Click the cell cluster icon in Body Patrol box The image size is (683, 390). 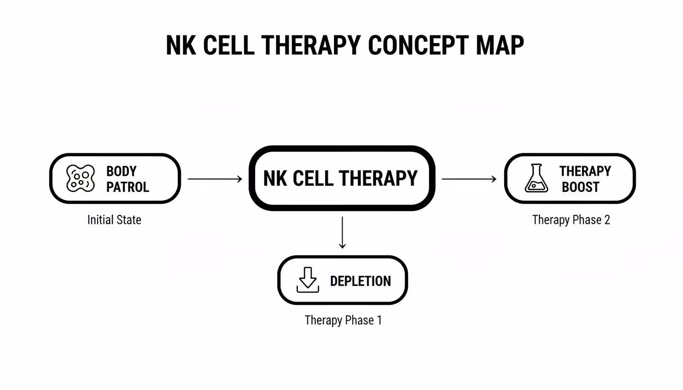click(81, 179)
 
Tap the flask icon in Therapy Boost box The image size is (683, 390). click(536, 178)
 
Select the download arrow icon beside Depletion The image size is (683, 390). click(307, 280)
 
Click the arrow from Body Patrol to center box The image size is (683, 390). click(214, 179)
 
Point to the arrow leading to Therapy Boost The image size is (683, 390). click(469, 179)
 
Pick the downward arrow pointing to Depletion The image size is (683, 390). click(342, 233)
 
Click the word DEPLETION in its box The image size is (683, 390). click(360, 281)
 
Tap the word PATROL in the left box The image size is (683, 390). click(128, 187)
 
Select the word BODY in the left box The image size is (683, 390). click(121, 171)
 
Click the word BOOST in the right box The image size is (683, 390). click(580, 187)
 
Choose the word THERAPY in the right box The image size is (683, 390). click(585, 171)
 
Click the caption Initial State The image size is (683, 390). click(114, 220)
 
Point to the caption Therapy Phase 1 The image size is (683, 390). click(343, 320)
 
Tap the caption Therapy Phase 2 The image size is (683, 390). click(571, 220)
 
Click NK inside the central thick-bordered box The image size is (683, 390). click(275, 178)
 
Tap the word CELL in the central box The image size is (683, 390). click(314, 178)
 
